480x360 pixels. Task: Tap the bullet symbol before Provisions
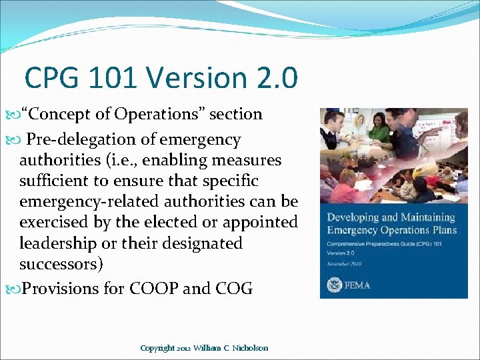(16, 289)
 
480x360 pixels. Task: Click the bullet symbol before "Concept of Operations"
(16, 115)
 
